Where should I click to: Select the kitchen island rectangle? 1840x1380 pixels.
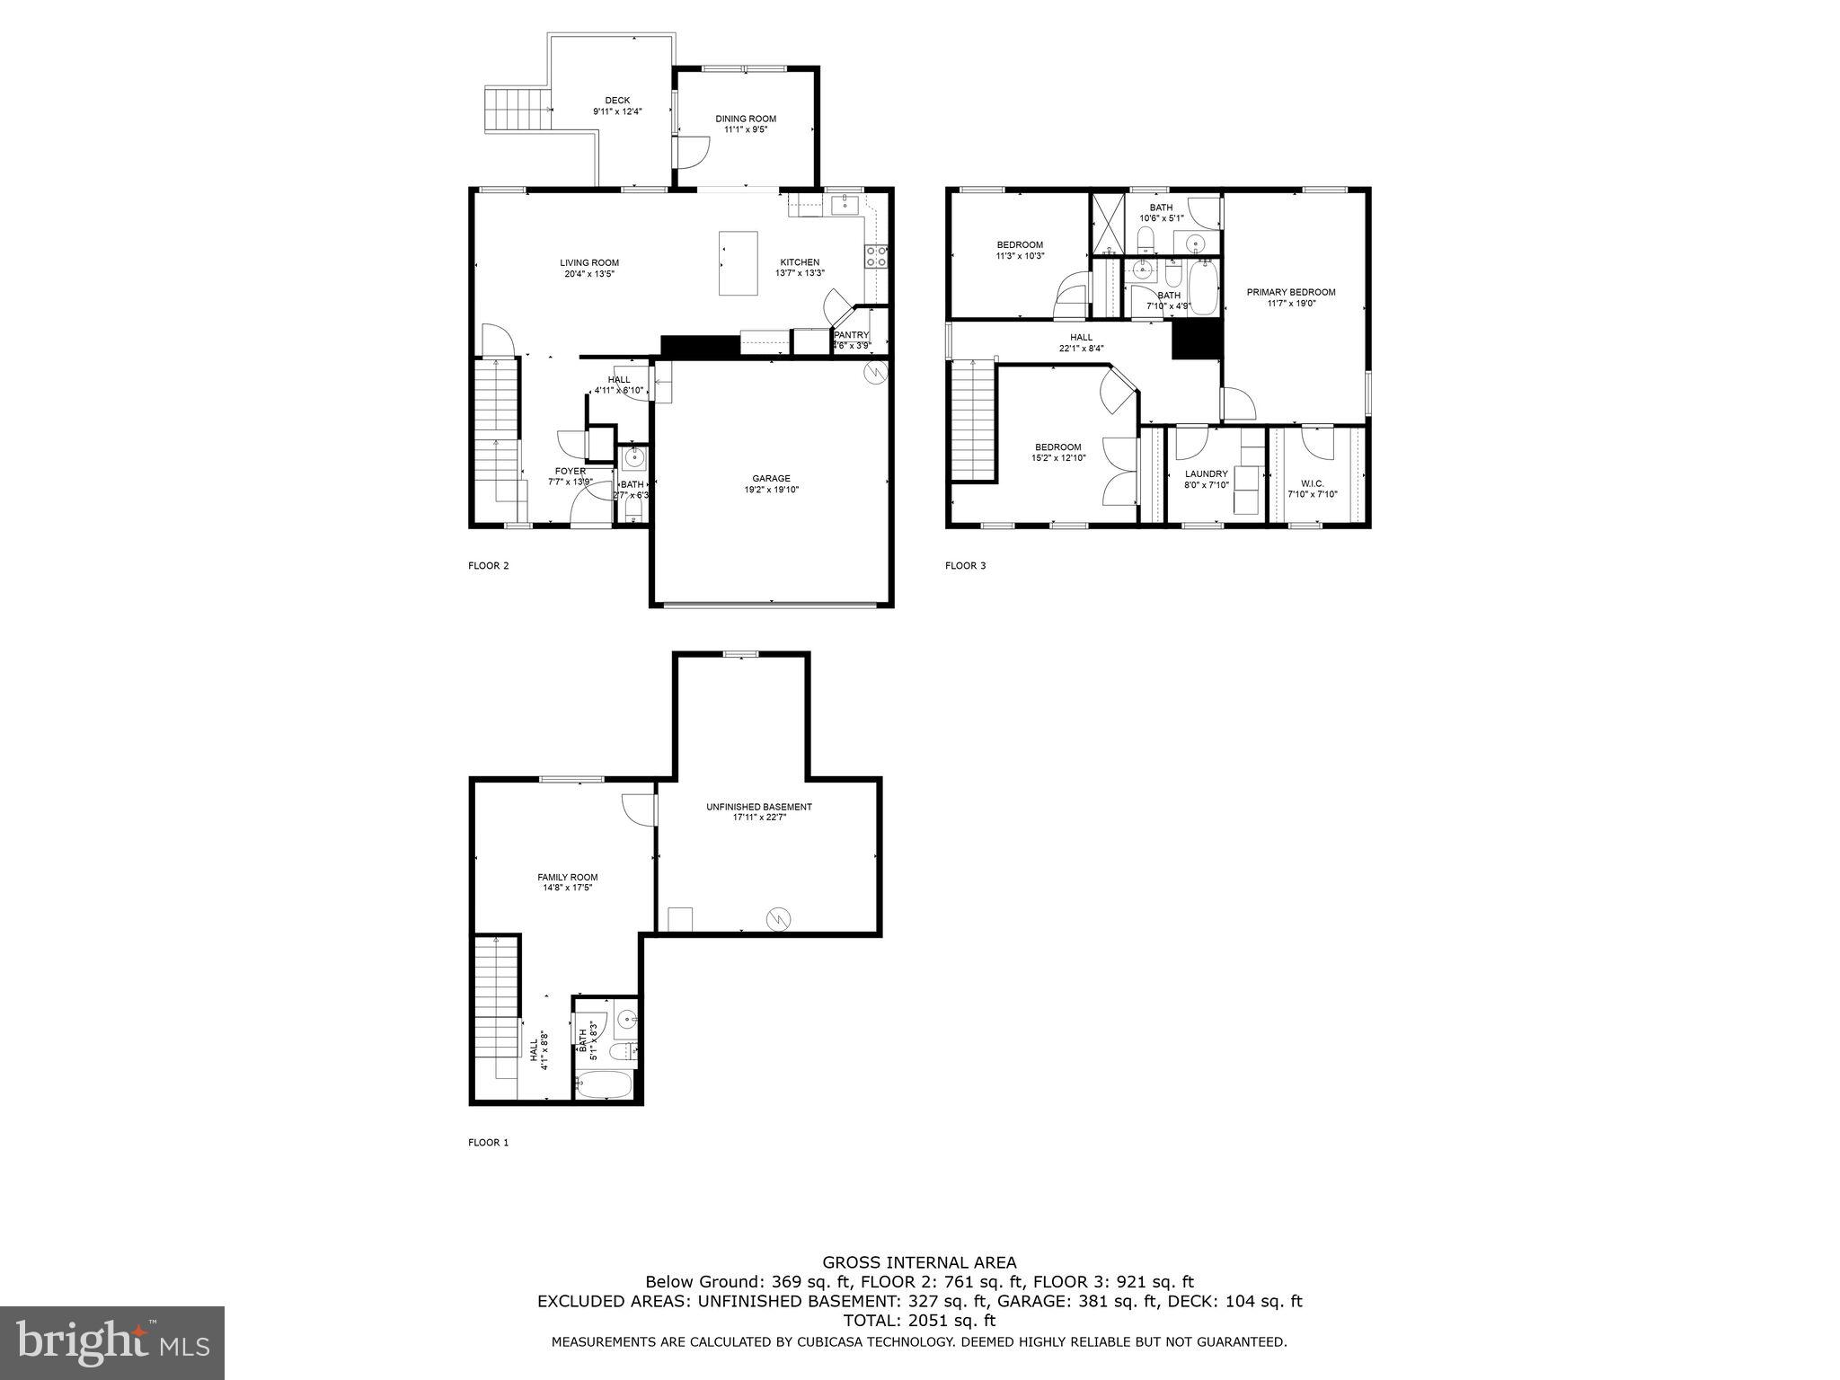pyautogui.click(x=738, y=262)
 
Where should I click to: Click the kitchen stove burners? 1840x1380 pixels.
pyautogui.click(x=876, y=257)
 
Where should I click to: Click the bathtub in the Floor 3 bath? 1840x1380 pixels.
pyautogui.click(x=1202, y=287)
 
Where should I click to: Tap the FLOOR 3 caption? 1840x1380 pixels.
pyautogui.click(x=965, y=566)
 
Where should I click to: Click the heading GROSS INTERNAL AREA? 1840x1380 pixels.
pyautogui.click(x=919, y=1262)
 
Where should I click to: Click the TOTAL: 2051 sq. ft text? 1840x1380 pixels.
pyautogui.click(x=919, y=1320)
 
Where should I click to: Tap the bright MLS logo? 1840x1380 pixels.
pyautogui.click(x=112, y=1343)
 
